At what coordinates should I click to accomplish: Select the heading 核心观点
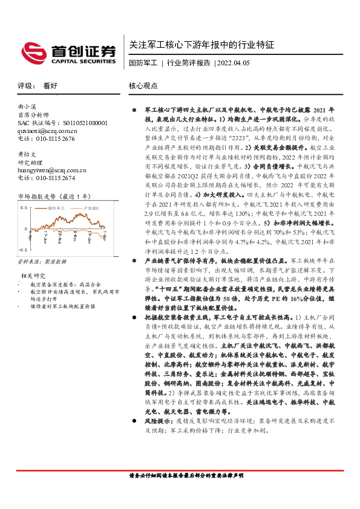pyautogui.click(x=144, y=86)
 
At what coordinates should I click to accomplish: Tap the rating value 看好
pyautogui.click(x=50, y=86)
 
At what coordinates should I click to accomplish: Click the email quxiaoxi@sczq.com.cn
pyautogui.click(x=47, y=131)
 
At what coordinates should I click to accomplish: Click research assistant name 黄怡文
pyautogui.click(x=28, y=154)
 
